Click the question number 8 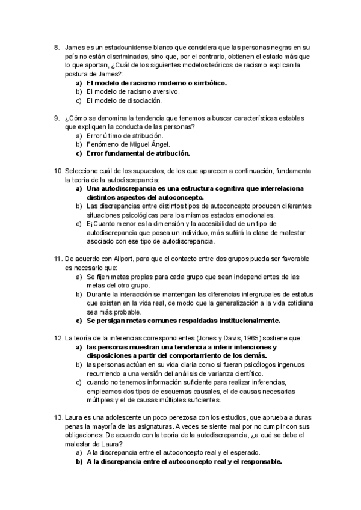(x=57, y=46)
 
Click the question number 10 (x=58, y=171)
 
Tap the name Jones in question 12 (x=181, y=338)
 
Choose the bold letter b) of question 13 (x=79, y=462)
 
